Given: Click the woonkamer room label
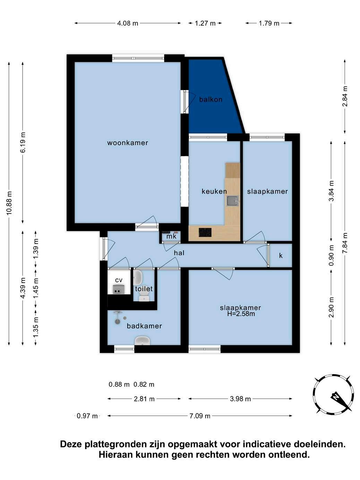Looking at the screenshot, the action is pyautogui.click(x=127, y=143).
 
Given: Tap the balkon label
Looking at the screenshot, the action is pyautogui.click(x=211, y=100).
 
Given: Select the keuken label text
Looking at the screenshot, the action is pyautogui.click(x=214, y=191).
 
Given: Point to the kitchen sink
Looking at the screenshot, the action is pyautogui.click(x=233, y=201).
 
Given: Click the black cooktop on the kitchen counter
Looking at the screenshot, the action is pyautogui.click(x=205, y=232).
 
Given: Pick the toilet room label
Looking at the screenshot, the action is pyautogui.click(x=144, y=289).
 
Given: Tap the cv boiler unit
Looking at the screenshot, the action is pyautogui.click(x=119, y=290).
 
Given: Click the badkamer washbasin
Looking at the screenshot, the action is pyautogui.click(x=142, y=341).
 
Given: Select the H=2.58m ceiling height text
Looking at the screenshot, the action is pyautogui.click(x=241, y=314).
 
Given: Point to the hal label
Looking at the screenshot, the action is pyautogui.click(x=179, y=253).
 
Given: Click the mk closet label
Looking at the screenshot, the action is pyautogui.click(x=171, y=237).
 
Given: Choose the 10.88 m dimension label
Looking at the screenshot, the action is pyautogui.click(x=9, y=203).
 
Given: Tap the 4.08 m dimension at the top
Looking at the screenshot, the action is pyautogui.click(x=128, y=23).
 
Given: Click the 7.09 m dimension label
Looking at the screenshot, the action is pyautogui.click(x=200, y=416).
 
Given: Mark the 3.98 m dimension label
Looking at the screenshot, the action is pyautogui.click(x=240, y=399).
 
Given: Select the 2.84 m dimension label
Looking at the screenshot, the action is pyautogui.click(x=345, y=96).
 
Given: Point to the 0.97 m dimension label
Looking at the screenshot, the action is pyautogui.click(x=87, y=416).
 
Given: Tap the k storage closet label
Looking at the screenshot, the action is pyautogui.click(x=281, y=255).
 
